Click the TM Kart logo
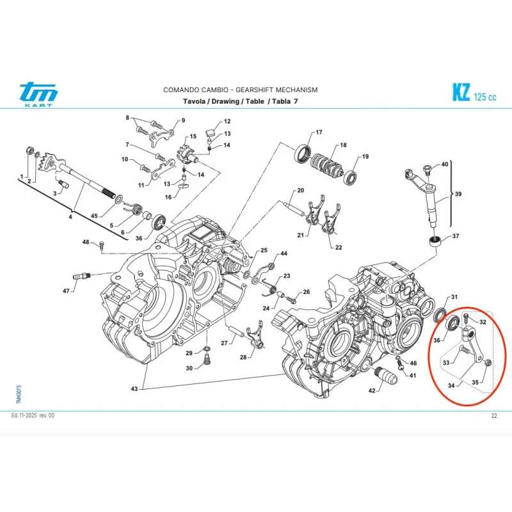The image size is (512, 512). click(38, 95)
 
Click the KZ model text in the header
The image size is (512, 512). click(460, 93)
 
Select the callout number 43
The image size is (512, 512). click(133, 389)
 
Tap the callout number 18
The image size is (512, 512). click(343, 145)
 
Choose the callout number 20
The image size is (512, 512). click(300, 191)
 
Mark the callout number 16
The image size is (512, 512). click(169, 197)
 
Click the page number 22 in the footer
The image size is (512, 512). click(494, 416)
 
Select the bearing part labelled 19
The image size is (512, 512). click(351, 177)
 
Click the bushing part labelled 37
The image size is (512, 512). click(435, 243)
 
